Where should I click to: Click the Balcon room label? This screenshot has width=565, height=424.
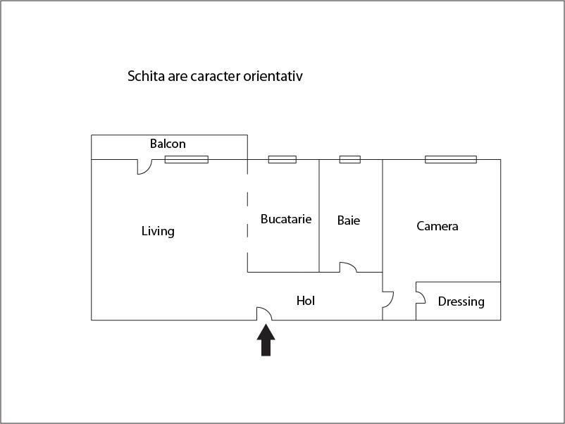pyautogui.click(x=168, y=144)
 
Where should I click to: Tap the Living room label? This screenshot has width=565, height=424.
pyautogui.click(x=158, y=231)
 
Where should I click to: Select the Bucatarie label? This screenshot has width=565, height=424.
pyautogui.click(x=286, y=219)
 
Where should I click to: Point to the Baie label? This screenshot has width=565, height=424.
pyautogui.click(x=349, y=220)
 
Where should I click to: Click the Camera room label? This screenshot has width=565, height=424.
pyautogui.click(x=437, y=226)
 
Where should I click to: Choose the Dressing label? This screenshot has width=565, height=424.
pyautogui.click(x=461, y=301)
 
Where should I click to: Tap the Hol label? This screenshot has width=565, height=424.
pyautogui.click(x=306, y=301)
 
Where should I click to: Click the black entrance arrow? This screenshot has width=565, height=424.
pyautogui.click(x=266, y=340)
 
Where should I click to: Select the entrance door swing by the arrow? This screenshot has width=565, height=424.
pyautogui.click(x=264, y=313)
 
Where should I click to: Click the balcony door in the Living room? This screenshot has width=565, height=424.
pyautogui.click(x=144, y=167)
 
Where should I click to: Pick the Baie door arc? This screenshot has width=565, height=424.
pyautogui.click(x=348, y=268)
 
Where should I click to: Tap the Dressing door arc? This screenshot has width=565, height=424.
pyautogui.click(x=421, y=297)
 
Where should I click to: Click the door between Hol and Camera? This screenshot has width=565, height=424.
pyautogui.click(x=388, y=300)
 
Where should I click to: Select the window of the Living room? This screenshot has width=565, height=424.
pyautogui.click(x=187, y=160)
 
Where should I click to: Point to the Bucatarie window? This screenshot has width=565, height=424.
pyautogui.click(x=282, y=160)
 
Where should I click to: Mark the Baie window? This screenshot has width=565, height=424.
pyautogui.click(x=350, y=160)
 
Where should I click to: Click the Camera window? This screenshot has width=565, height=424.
pyautogui.click(x=451, y=160)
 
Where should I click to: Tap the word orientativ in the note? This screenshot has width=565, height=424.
pyautogui.click(x=273, y=76)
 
